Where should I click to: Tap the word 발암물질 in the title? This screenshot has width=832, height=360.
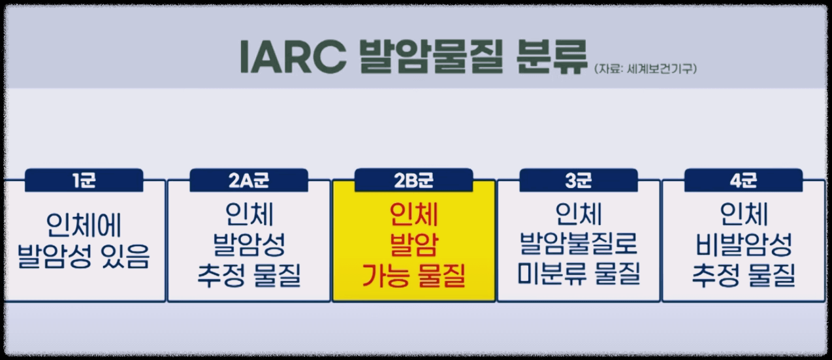pyautogui.click(x=427, y=58)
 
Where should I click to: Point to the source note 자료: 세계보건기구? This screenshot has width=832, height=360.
pyautogui.click(x=645, y=68)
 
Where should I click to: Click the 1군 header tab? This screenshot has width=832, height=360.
pyautogui.click(x=84, y=180)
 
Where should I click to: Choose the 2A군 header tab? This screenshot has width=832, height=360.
pyautogui.click(x=249, y=180)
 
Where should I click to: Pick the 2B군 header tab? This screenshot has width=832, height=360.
pyautogui.click(x=413, y=180)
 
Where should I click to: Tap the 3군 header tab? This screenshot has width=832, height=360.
pyautogui.click(x=579, y=180)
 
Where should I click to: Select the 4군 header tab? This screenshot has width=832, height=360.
pyautogui.click(x=743, y=180)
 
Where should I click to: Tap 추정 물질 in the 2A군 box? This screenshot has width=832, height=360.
pyautogui.click(x=249, y=275)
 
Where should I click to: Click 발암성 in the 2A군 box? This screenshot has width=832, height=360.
pyautogui.click(x=249, y=245)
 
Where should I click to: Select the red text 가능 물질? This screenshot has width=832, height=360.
pyautogui.click(x=413, y=275)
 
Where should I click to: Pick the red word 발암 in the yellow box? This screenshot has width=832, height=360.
pyautogui.click(x=413, y=245)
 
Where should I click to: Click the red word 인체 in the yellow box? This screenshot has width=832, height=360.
pyautogui.click(x=413, y=215)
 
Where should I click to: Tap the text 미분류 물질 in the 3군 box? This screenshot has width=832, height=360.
pyautogui.click(x=579, y=275)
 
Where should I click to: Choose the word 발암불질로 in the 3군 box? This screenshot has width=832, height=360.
pyautogui.click(x=579, y=245)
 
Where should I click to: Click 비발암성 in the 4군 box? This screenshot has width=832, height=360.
pyautogui.click(x=743, y=245)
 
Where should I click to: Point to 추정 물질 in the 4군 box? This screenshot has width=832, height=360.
pyautogui.click(x=743, y=275)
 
